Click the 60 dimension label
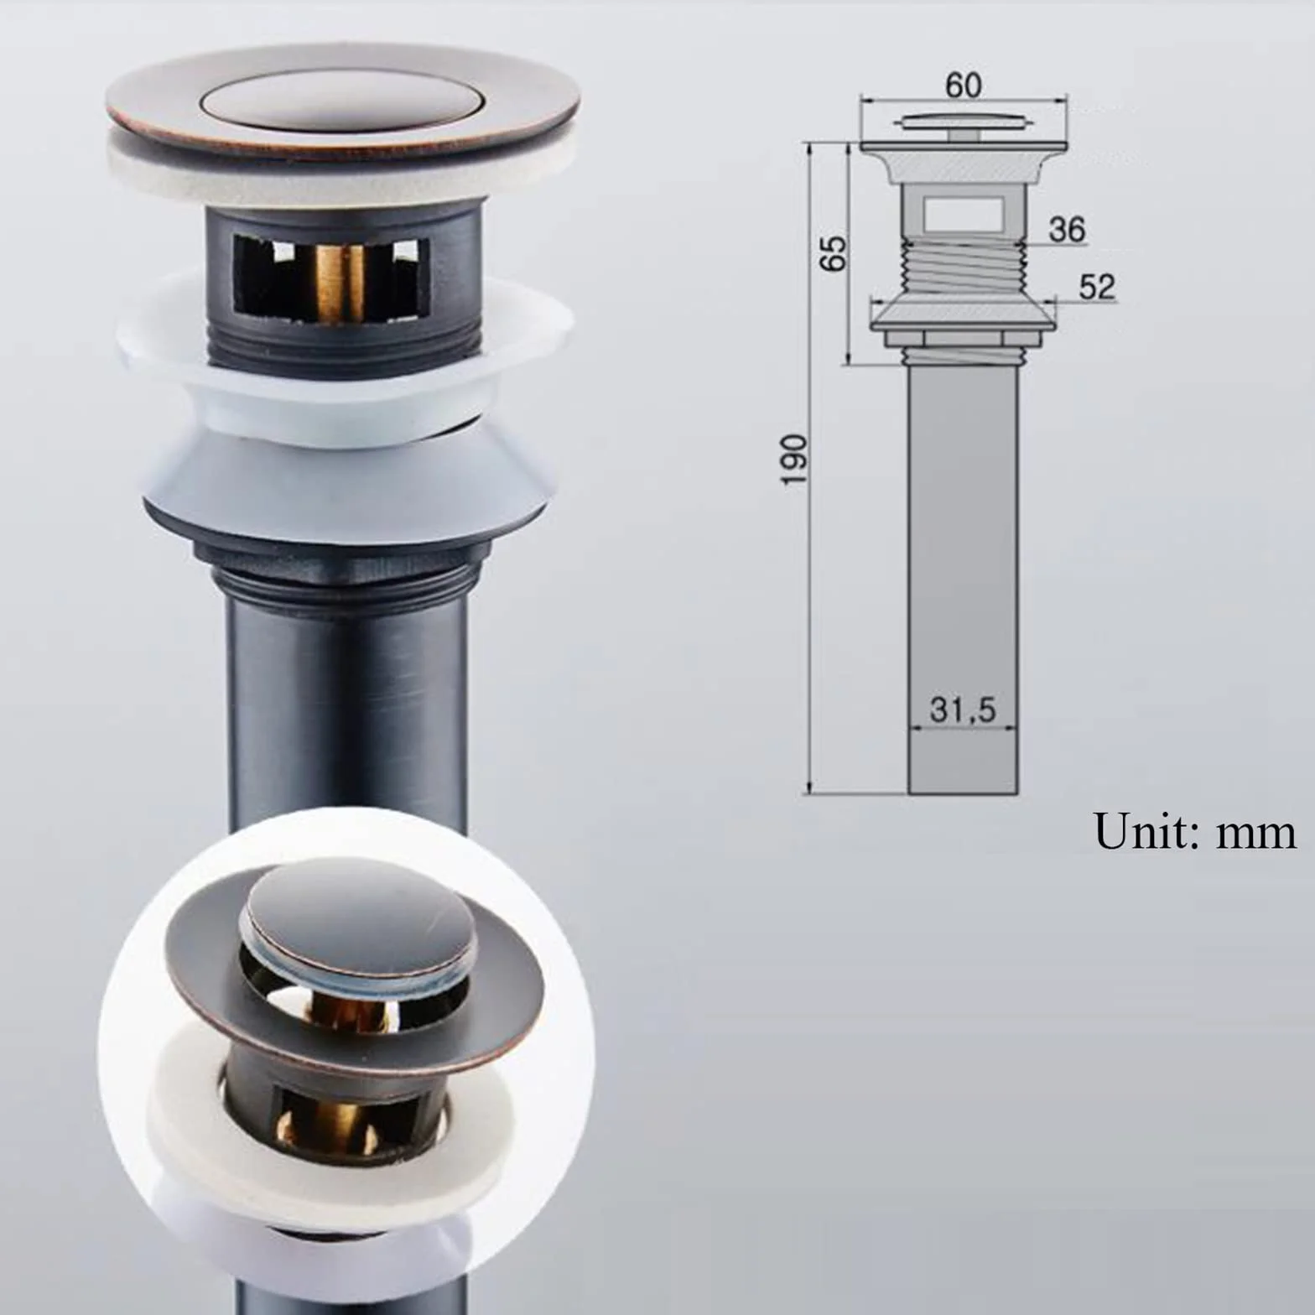coord(963,85)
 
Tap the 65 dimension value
coord(833,253)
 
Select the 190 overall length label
coord(793,459)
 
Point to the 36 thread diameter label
coord(1067,229)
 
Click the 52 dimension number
coord(1097,287)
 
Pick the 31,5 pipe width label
coord(963,709)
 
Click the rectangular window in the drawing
coord(964,214)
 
